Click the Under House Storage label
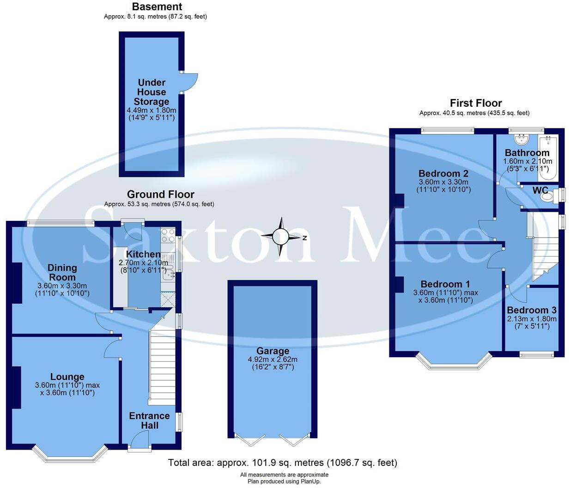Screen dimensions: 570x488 [152, 92]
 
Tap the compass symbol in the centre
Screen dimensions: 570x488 [280, 237]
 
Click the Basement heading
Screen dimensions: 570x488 [157, 7]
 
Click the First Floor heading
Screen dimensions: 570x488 [476, 103]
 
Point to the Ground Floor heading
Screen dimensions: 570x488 [160, 194]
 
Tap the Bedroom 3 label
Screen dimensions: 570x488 [532, 311]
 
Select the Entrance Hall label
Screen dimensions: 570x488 [149, 421]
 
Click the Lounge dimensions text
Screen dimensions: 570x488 [67, 389]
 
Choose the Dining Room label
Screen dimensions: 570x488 [62, 272]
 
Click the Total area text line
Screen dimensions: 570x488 [282, 463]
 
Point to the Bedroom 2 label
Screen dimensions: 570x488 [443, 174]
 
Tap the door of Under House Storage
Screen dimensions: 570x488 [189, 82]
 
